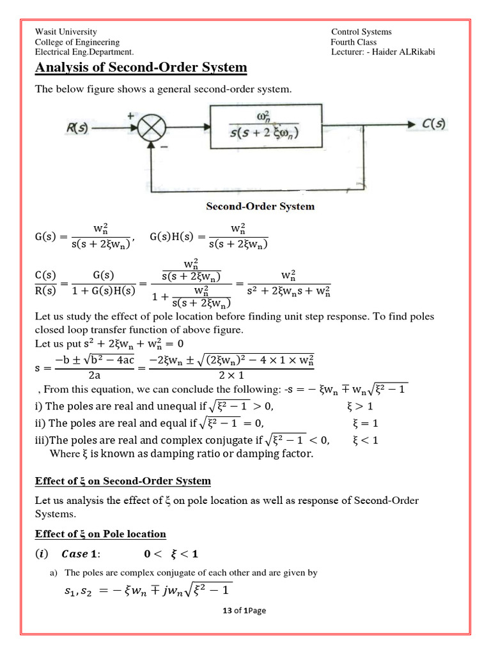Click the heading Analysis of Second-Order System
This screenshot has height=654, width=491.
[141, 68]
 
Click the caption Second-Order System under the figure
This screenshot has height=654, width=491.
[260, 206]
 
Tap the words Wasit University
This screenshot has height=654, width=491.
[66, 32]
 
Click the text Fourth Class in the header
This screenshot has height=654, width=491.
[354, 42]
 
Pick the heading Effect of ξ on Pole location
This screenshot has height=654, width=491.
[100, 534]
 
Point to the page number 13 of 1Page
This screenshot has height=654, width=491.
[244, 611]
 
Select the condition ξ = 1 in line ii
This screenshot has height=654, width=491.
[366, 423]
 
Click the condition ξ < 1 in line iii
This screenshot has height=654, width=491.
[366, 439]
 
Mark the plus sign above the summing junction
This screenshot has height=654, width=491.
[132, 116]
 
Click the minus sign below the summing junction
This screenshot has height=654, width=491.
[164, 147]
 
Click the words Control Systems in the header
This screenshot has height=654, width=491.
[361, 32]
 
